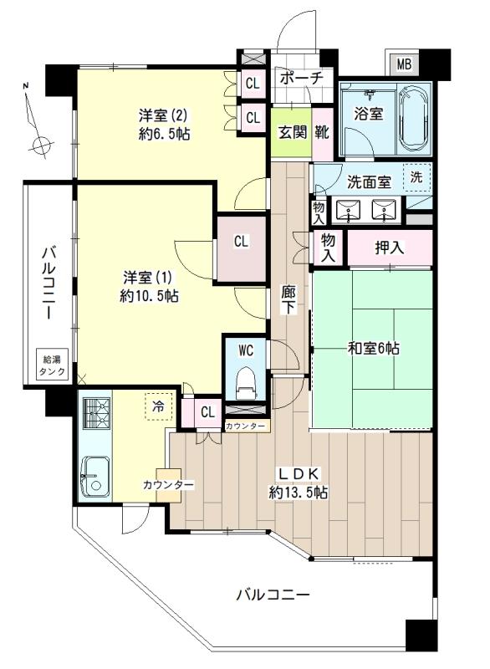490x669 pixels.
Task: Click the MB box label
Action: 403,64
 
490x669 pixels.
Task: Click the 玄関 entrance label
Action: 291,132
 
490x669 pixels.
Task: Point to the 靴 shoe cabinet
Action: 322,132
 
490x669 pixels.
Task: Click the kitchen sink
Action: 93,477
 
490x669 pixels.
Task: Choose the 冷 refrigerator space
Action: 156,407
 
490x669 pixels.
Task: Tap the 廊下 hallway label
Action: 288,299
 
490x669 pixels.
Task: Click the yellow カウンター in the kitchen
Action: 167,486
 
